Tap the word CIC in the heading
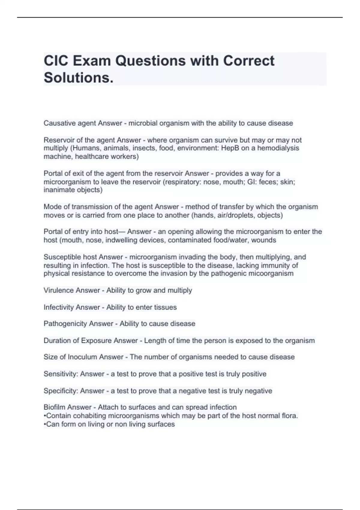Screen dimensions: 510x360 click(56, 61)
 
